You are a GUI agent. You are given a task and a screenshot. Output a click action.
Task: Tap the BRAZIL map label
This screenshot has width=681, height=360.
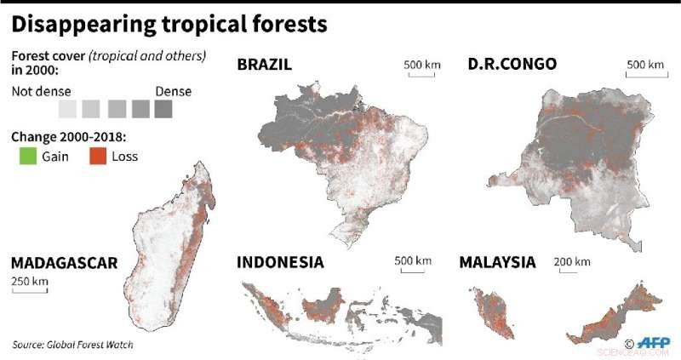(265, 65)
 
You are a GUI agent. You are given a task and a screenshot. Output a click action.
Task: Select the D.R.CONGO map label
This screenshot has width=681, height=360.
(512, 65)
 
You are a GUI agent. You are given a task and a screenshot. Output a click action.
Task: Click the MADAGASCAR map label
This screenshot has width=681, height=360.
(64, 261)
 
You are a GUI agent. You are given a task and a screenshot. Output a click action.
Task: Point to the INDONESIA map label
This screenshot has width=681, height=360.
(280, 261)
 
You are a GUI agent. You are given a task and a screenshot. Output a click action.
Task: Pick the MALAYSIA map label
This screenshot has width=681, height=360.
(497, 261)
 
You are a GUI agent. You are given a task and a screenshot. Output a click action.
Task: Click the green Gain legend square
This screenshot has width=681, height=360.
(28, 156)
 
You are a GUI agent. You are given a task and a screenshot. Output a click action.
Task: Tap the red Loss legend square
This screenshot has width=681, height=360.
(99, 156)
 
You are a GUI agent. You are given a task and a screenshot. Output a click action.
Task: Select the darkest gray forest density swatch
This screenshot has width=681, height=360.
(164, 109)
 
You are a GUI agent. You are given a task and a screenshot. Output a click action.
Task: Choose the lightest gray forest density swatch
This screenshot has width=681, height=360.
(67, 109)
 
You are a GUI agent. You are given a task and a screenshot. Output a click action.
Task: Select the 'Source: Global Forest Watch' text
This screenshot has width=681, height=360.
(72, 345)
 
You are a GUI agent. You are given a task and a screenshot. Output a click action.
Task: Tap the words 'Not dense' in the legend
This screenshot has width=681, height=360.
(41, 91)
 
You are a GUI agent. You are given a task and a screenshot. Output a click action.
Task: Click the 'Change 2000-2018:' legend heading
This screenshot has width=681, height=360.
(59, 136)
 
